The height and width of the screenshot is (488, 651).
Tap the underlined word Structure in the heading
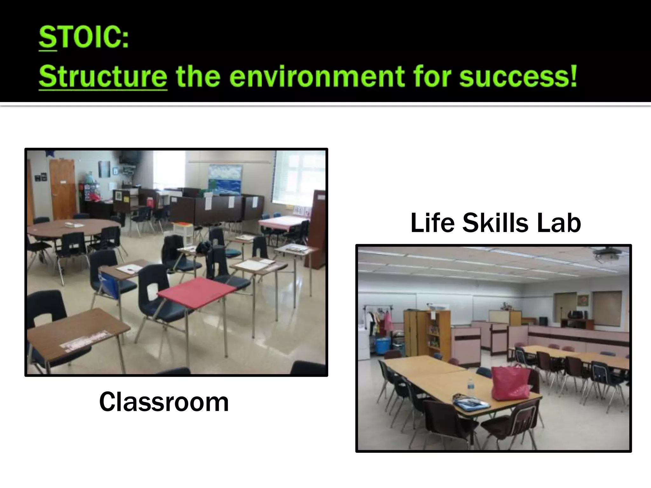coord(103,77)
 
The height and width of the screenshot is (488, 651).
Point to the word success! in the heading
coord(518,77)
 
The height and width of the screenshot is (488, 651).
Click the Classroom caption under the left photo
coord(164,402)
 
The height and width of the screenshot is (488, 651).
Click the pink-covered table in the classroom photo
coord(280,222)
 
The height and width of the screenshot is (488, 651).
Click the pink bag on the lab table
coord(511,383)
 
